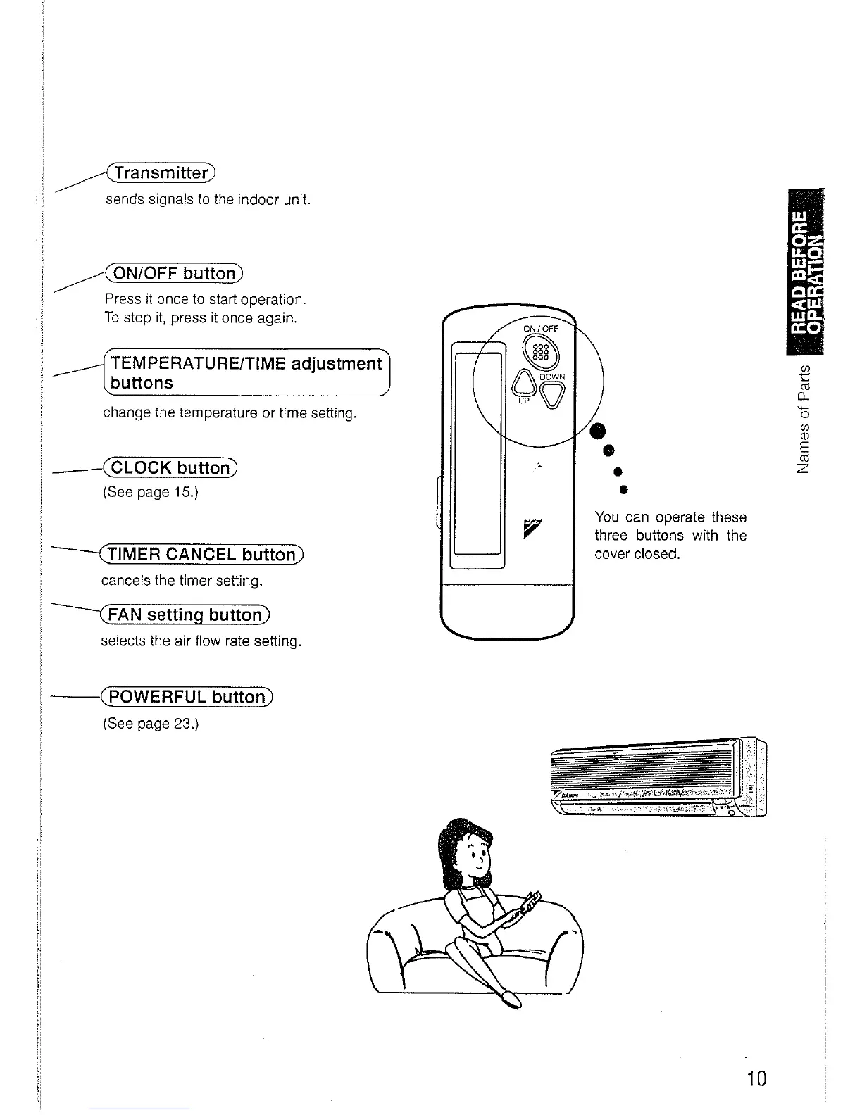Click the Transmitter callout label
pos(161,172)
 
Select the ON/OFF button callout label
pos(173,273)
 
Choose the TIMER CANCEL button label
pos(201,555)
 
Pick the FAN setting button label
pos(185,615)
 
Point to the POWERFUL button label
pos(187,697)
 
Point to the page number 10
pos(756,1078)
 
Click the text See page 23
pos(151,724)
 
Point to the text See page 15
pos(151,492)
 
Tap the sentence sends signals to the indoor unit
pos(208,200)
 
